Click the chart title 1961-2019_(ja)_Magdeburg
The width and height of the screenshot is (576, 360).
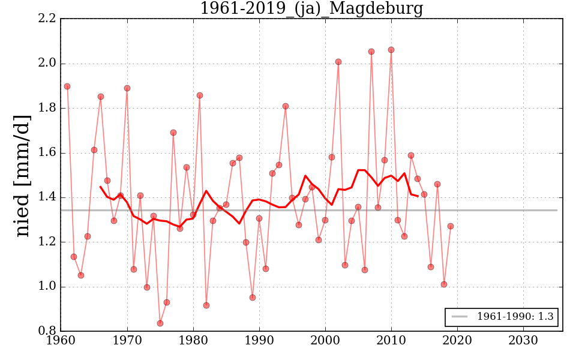click(311, 9)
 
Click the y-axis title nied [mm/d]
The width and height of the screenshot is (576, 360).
click(22, 175)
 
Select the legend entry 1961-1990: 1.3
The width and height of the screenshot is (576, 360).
click(501, 317)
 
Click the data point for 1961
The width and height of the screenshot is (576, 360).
click(67, 86)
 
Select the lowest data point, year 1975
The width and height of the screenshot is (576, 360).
click(160, 323)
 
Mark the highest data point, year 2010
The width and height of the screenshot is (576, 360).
click(391, 50)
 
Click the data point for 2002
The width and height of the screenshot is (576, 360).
click(338, 62)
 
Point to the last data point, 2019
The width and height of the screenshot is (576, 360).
click(451, 226)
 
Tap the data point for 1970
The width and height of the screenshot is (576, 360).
click(127, 88)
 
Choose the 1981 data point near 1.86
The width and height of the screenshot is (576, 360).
click(200, 95)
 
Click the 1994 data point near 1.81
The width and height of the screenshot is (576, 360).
click(286, 106)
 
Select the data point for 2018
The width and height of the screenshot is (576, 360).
click(444, 284)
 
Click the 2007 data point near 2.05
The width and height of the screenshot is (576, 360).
click(371, 52)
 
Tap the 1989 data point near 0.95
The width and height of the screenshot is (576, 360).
click(253, 298)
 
